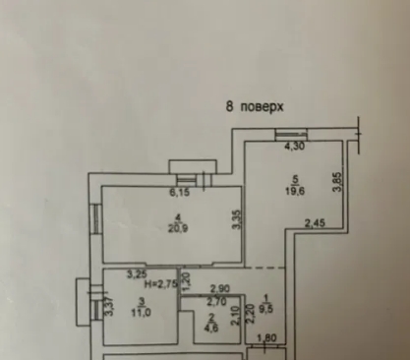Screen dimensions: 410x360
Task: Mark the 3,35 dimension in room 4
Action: (236, 220)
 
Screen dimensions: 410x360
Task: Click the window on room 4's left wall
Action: (95, 217)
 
